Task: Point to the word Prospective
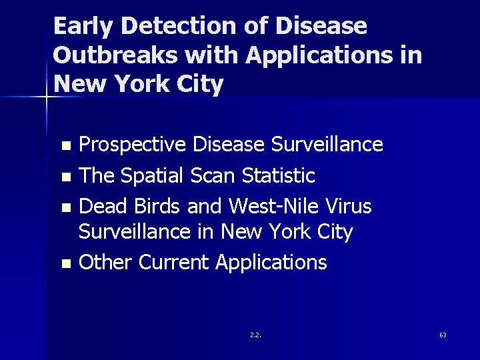[133, 145]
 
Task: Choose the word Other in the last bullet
[105, 263]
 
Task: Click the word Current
[174, 263]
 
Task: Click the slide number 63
[443, 335]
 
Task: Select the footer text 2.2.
[255, 335]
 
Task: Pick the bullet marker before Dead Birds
[65, 208]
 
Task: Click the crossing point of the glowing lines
[46, 98]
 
